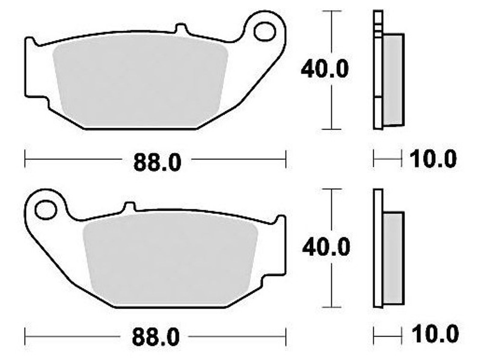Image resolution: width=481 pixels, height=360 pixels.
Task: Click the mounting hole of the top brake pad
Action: (x=265, y=32)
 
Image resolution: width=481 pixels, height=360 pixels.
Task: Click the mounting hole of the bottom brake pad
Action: (x=46, y=210)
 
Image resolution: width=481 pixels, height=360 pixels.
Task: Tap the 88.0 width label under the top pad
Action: (x=157, y=162)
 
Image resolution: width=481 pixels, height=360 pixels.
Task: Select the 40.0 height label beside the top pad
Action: (x=325, y=69)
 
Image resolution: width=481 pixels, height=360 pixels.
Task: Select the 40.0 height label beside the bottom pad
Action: (x=326, y=247)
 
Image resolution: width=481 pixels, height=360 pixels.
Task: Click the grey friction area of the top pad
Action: (x=141, y=82)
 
